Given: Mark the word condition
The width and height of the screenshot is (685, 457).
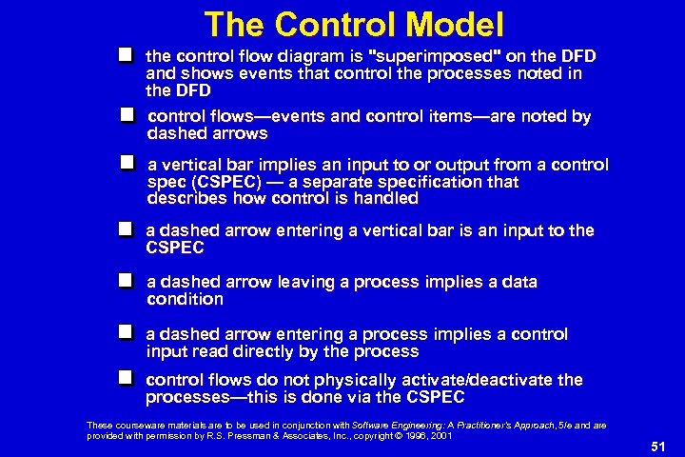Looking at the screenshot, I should (186, 299).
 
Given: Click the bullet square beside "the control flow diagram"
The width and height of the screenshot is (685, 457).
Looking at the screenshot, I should (126, 56).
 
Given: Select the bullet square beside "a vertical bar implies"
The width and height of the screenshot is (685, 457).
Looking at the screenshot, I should (127, 164).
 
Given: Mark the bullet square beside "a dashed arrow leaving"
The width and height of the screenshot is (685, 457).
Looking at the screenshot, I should (126, 281).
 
